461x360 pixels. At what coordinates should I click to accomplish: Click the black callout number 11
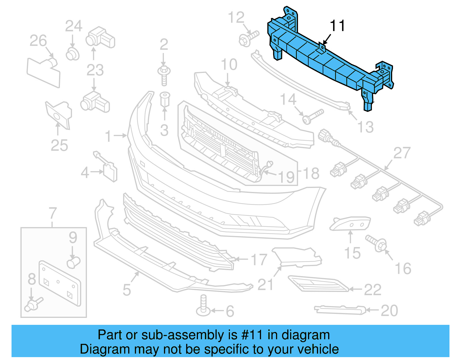pos(337,26)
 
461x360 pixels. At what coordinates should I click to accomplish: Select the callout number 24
pos(74,26)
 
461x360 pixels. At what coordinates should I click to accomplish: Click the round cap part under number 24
pos(72,54)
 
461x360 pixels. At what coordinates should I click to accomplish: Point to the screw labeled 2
pos(164,75)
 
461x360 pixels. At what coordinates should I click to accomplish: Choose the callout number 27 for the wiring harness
pos(402,153)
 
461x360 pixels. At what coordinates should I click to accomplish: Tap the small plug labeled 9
pos(73,262)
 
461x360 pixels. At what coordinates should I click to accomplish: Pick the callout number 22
pos(373,290)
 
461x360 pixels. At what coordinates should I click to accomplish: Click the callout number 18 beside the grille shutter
pos(311,174)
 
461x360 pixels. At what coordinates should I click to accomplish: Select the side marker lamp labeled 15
pos(350,223)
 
